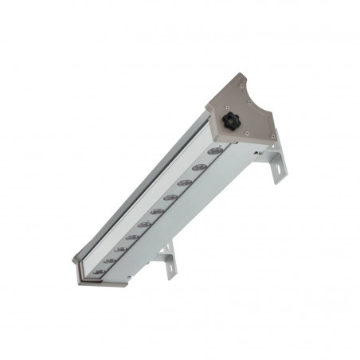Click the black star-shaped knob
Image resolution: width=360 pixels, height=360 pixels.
(233, 121)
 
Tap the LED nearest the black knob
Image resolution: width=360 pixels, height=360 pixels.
(214, 151)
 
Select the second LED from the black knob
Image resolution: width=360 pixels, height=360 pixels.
(200, 167)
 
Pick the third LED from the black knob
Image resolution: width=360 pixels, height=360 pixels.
(185, 182)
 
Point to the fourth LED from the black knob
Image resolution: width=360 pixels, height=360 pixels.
(170, 197)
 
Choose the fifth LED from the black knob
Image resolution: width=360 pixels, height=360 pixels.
(158, 211)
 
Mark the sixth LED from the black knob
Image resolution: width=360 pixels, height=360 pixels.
(144, 225)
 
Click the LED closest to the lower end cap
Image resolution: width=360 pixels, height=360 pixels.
(98, 272)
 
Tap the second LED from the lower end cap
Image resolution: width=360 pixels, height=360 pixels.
(109, 260)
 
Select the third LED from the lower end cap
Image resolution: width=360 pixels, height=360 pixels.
(120, 249)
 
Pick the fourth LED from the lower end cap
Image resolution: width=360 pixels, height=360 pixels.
(132, 237)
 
